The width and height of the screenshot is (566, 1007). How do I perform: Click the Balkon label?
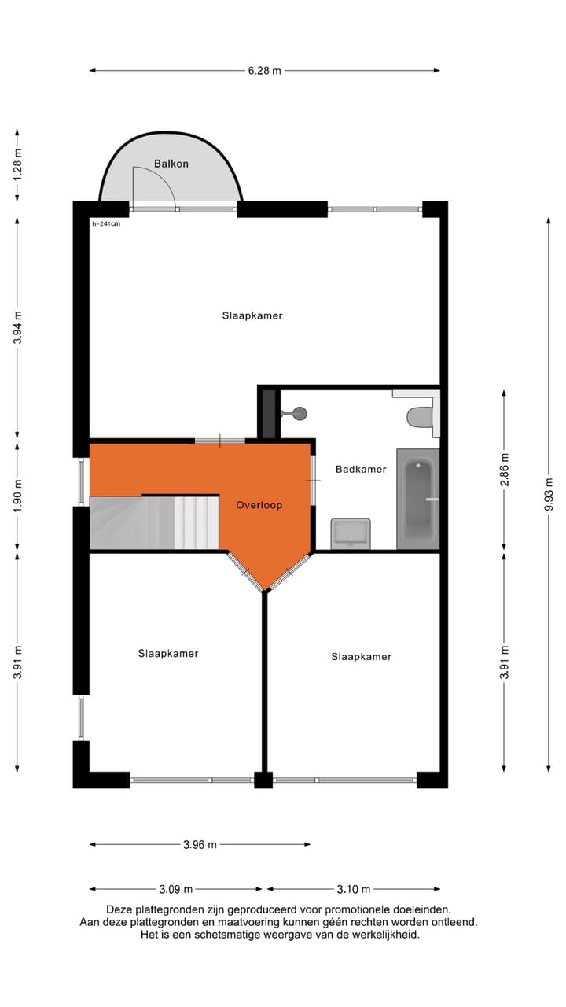(171, 164)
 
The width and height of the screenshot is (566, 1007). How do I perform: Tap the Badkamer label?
(361, 469)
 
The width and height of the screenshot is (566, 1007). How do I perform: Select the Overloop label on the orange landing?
(259, 505)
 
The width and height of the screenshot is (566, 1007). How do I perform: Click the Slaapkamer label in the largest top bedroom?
(252, 315)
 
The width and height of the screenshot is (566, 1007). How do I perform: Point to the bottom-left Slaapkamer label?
(168, 653)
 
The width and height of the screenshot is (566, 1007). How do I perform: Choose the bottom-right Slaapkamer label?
(361, 656)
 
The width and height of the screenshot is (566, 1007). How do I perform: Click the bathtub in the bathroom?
(417, 499)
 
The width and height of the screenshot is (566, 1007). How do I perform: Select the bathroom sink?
(351, 533)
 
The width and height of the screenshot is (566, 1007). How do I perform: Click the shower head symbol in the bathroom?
(297, 412)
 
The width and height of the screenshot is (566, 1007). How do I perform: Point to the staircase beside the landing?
(154, 522)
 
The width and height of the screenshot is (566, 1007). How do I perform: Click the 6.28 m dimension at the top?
(264, 70)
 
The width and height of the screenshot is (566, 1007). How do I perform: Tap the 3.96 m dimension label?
(200, 845)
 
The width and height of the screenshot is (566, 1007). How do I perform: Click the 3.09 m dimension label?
(176, 890)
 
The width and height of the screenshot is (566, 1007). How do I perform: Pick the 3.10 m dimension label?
(354, 890)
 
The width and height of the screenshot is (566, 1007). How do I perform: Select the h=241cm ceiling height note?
(106, 224)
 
